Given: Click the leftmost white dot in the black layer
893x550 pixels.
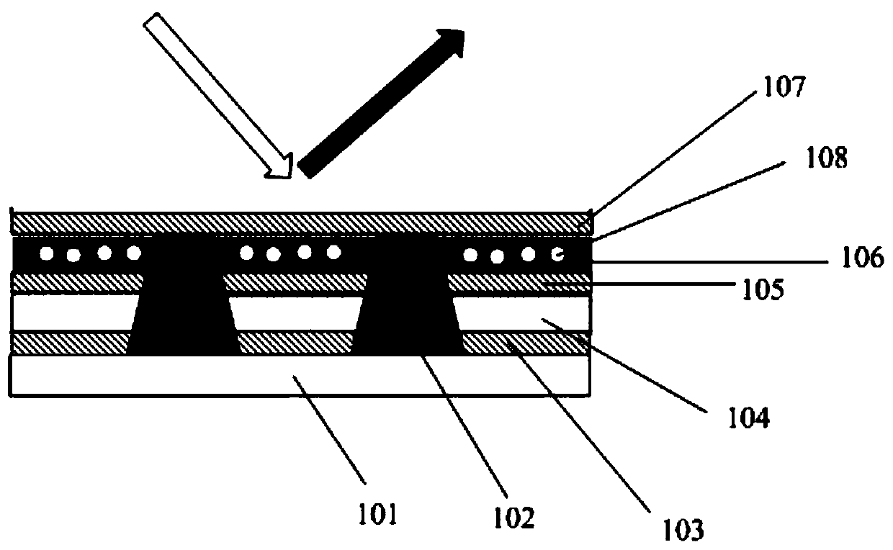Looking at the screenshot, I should [48, 253].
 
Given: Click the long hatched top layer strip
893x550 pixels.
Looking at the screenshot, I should [300, 222].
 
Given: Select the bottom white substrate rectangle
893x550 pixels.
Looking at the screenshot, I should [300, 375].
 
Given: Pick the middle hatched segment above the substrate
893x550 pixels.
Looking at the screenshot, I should [295, 343].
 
